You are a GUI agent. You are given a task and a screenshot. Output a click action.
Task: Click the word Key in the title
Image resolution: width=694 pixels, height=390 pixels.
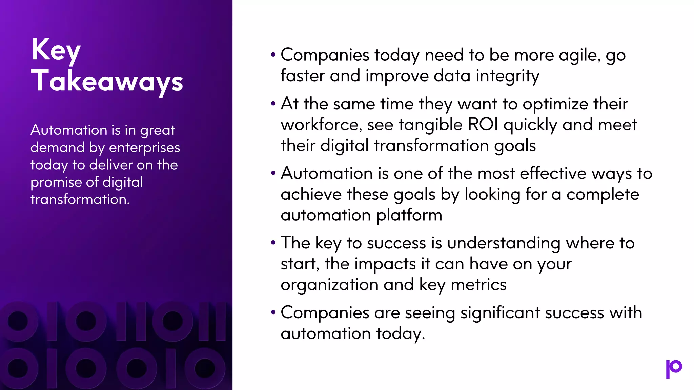[56, 51]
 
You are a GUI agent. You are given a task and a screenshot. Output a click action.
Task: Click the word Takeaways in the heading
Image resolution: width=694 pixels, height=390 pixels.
[107, 81]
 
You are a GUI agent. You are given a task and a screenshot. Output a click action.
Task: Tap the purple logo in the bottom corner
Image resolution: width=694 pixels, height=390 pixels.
[674, 369]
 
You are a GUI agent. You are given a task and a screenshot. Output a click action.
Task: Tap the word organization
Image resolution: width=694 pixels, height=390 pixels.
[329, 285]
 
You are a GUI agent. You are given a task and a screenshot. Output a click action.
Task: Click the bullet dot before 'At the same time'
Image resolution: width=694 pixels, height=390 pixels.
[273, 103]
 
